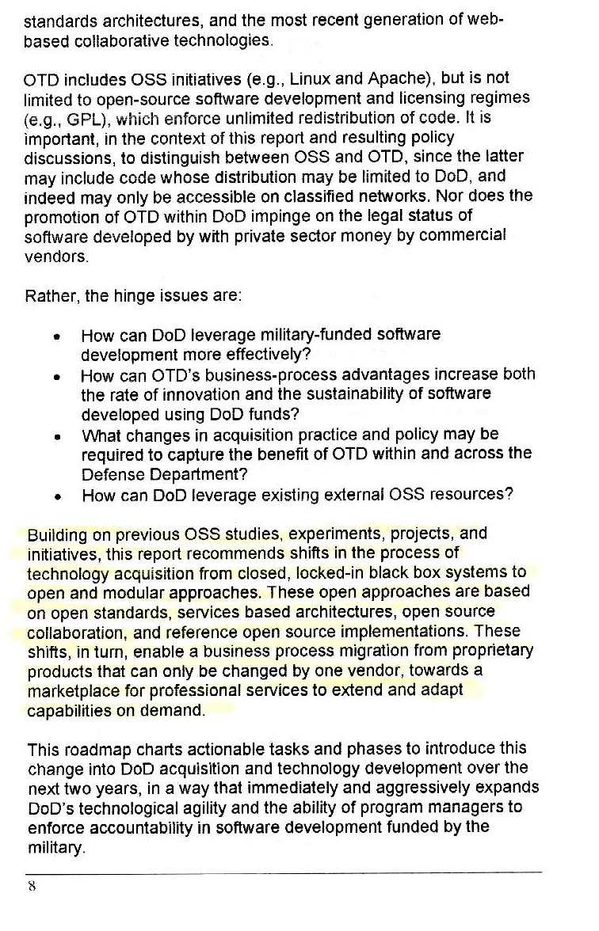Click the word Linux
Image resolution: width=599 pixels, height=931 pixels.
(309, 78)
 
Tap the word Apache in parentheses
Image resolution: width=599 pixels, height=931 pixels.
(383, 78)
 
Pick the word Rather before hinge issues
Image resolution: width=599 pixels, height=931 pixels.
(50, 297)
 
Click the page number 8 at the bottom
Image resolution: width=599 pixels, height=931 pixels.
(32, 886)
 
